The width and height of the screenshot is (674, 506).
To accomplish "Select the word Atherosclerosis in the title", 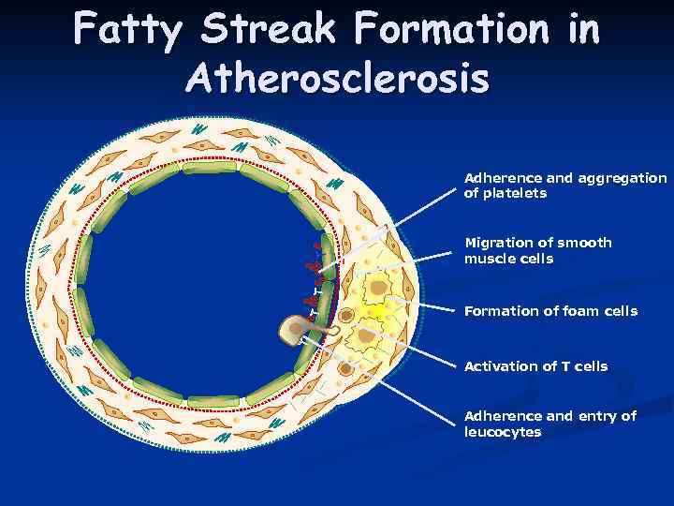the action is click(337, 79).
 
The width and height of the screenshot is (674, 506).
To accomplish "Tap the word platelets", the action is click(505, 193).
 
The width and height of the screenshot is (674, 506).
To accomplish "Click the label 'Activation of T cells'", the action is click(535, 366).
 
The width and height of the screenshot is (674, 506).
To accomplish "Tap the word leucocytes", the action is click(503, 432).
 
